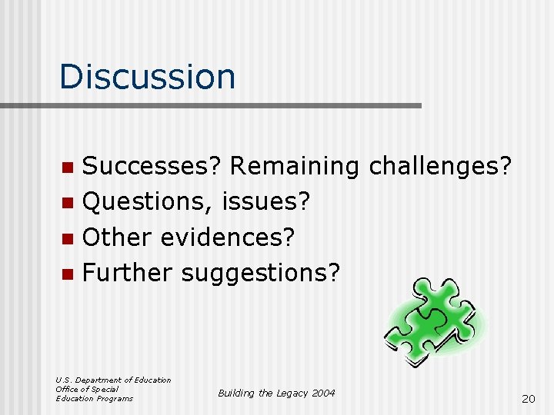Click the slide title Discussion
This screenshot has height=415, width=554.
tap(147, 77)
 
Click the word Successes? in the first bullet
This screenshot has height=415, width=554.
tap(152, 167)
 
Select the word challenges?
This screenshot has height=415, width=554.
tap(440, 167)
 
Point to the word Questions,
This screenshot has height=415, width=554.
tap(148, 202)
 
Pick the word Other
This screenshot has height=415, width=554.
tap(118, 237)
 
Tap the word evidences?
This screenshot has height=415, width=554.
tap(228, 237)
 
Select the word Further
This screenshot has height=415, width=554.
tap(128, 273)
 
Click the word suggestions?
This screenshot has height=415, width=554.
tap(260, 273)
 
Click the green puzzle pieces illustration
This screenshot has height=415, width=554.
tap(436, 318)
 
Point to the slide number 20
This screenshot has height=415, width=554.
tap(528, 398)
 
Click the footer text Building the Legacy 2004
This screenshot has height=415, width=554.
tap(276, 393)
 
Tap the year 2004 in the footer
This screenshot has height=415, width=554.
tap(323, 393)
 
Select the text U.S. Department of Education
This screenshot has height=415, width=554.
tap(113, 380)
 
